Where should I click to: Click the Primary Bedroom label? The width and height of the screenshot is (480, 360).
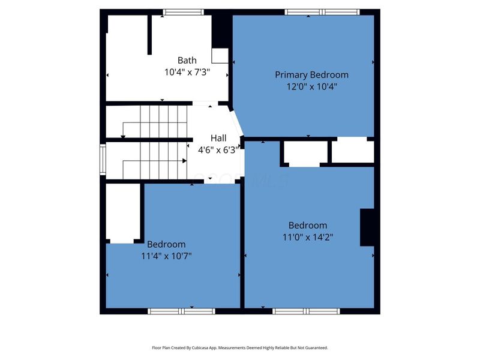point(311,74)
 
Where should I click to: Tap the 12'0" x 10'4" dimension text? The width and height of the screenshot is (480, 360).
point(311,86)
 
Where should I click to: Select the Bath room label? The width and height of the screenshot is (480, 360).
point(187,60)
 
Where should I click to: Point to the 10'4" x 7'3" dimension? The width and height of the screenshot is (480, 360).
point(187,72)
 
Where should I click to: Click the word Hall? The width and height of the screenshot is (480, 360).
point(218,138)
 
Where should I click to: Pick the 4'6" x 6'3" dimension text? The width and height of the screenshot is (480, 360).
point(218,150)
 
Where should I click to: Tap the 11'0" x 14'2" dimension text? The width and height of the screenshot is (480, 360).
point(308,237)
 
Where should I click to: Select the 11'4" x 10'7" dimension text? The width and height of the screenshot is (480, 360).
point(166,256)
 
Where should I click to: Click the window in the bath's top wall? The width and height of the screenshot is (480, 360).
point(183,12)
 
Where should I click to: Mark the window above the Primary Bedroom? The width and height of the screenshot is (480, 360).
point(322,12)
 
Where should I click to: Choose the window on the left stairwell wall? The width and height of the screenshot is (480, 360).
point(103,160)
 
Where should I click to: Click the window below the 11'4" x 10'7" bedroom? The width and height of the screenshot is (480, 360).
point(182,311)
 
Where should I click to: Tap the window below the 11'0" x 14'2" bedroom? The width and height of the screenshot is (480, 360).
point(306,311)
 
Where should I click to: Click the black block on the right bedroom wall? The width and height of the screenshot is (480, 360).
point(367,227)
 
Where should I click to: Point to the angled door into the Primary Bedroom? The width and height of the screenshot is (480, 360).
point(237,123)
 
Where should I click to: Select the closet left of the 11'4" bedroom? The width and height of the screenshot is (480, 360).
point(123,214)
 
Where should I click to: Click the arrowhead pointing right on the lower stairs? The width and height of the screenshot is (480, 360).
point(184,161)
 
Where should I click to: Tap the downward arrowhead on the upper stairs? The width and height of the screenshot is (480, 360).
point(123,137)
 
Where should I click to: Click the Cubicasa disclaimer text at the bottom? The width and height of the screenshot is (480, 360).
point(240,348)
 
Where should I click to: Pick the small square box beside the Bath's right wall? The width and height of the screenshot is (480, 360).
point(220,56)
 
